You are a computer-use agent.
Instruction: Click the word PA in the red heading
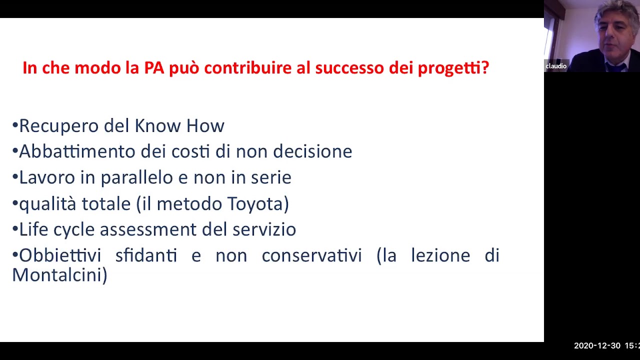pyautogui.click(x=154, y=67)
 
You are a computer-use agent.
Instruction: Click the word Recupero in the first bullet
pyautogui.click(x=59, y=125)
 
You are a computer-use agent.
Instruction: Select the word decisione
pyautogui.click(x=312, y=151)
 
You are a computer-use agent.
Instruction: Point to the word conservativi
pyautogui.click(x=311, y=255)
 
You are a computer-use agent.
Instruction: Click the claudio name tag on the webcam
pyautogui.click(x=556, y=66)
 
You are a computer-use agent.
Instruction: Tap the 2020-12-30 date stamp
pyautogui.click(x=597, y=345)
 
